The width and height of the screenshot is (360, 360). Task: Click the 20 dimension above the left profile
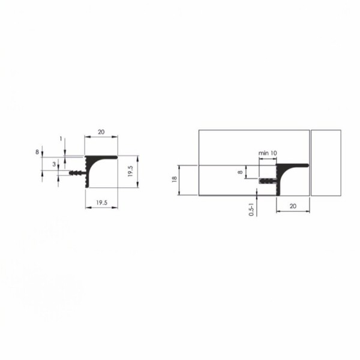101,132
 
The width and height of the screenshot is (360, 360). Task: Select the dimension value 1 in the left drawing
61,139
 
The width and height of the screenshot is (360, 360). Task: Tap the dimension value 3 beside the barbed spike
54,164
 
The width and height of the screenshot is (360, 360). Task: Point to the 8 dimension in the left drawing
37,152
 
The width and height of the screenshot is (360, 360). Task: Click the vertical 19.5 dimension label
130,171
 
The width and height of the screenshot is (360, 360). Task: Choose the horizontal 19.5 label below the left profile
102,203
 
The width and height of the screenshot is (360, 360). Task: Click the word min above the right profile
263,153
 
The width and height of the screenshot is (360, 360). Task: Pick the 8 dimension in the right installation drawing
241,172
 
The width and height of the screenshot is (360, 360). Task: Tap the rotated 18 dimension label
175,179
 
